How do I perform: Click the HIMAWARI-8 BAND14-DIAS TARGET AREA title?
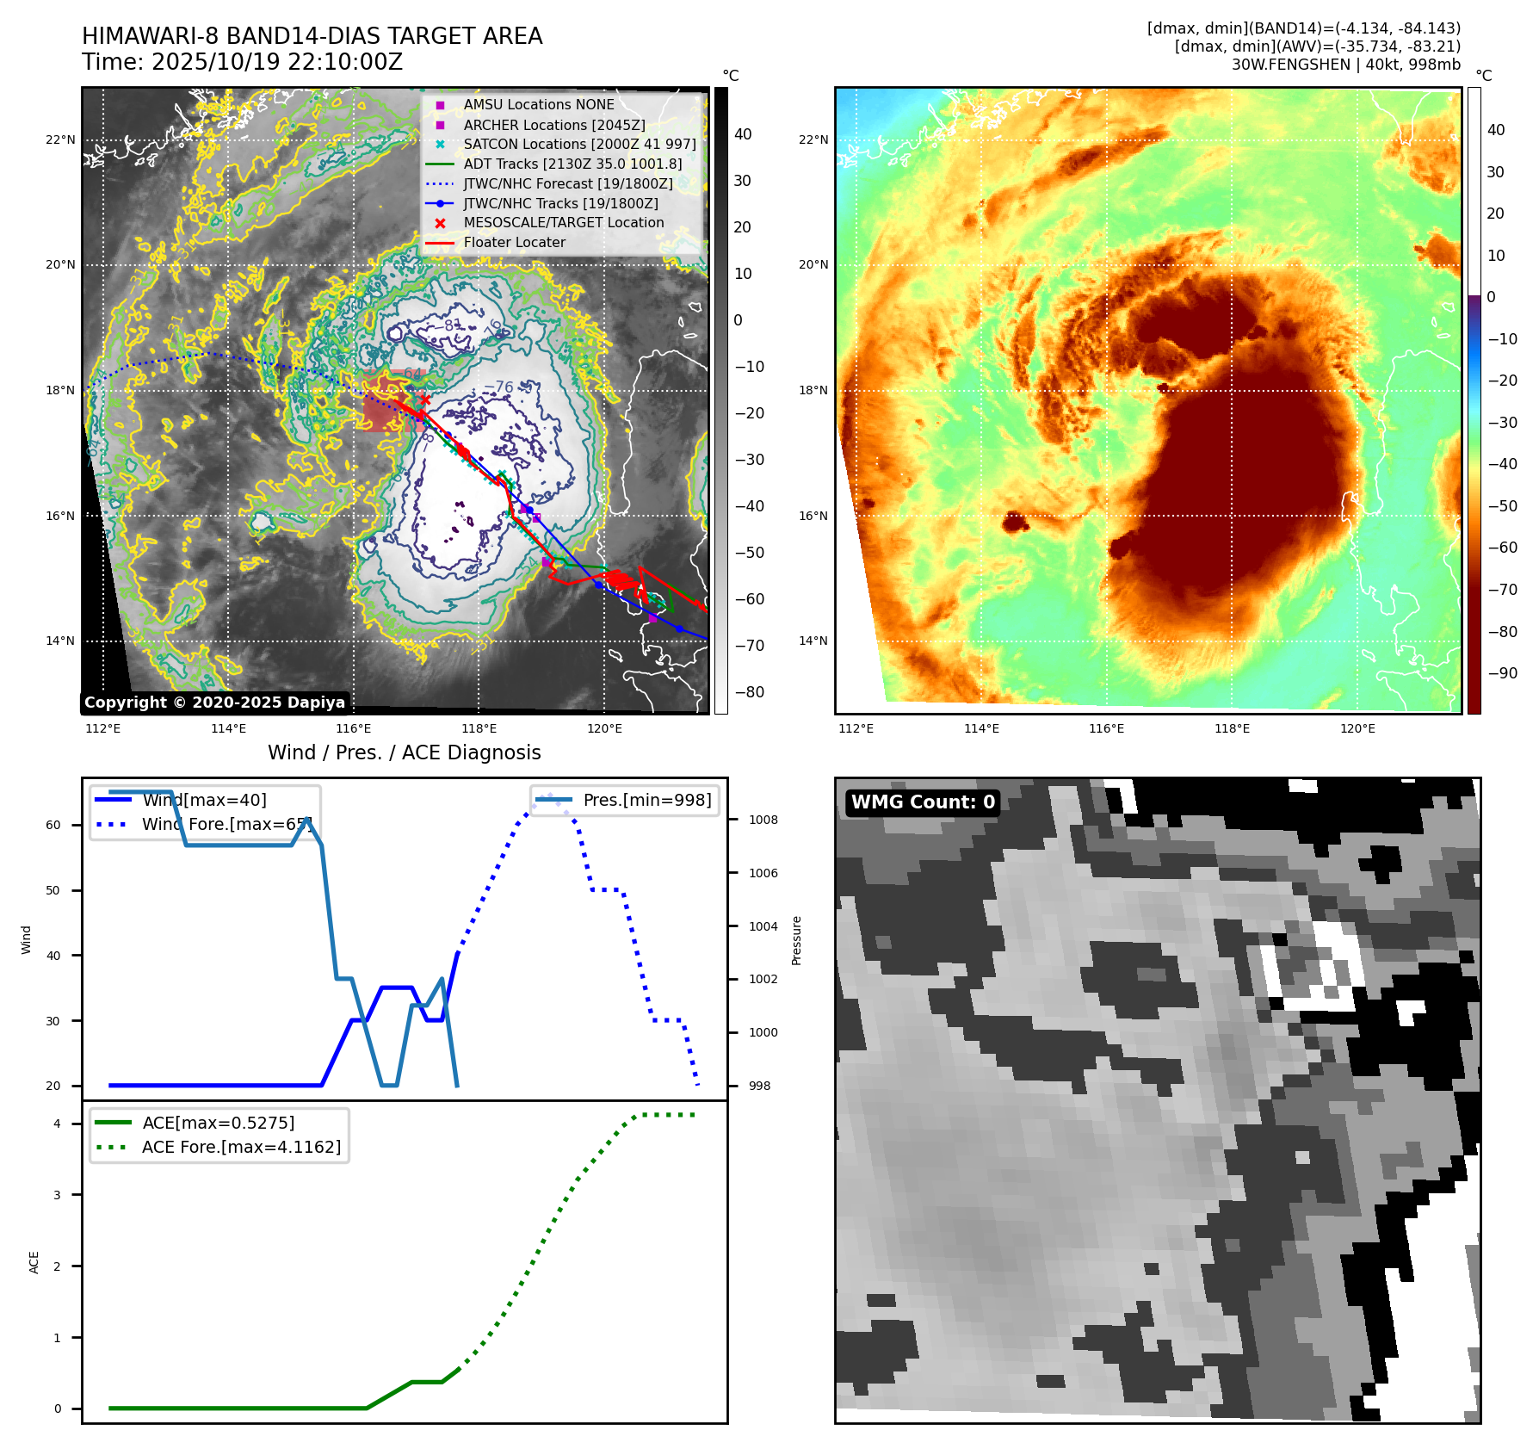[x=312, y=36]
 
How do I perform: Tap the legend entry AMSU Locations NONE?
[x=538, y=104]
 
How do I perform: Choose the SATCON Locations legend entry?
[x=579, y=144]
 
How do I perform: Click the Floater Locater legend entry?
[x=514, y=243]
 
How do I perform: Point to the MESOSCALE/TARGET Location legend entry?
[x=563, y=222]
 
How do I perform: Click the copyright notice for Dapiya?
[x=214, y=703]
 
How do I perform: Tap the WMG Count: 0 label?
[x=923, y=802]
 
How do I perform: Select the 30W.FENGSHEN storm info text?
[x=1345, y=65]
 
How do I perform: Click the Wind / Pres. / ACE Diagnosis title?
[x=405, y=752]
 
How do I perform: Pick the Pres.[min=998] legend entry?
[x=646, y=800]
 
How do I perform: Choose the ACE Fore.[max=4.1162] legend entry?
[x=241, y=1147]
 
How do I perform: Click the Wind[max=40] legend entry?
[x=204, y=800]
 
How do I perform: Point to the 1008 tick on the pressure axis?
[x=763, y=820]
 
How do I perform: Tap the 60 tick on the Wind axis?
[x=53, y=825]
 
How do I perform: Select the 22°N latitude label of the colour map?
[x=813, y=139]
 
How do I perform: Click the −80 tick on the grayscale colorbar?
[x=749, y=692]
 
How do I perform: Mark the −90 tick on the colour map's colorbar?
[x=1502, y=673]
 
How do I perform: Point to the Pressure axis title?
[x=796, y=940]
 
